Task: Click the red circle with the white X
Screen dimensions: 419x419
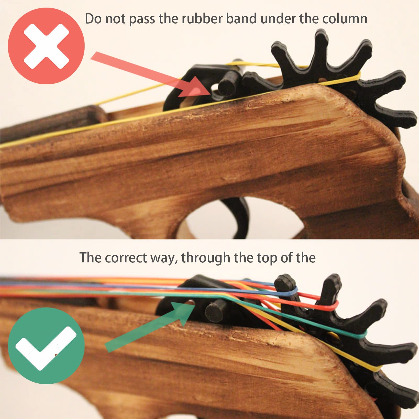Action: click(x=46, y=46)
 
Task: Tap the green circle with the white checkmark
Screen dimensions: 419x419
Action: click(x=46, y=346)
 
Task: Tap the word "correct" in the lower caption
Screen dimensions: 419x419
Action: click(x=126, y=258)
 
